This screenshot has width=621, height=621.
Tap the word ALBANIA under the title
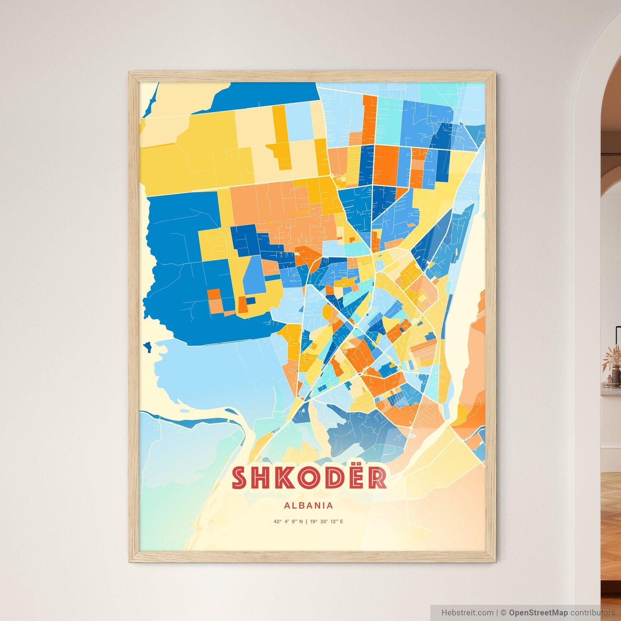click(x=309, y=506)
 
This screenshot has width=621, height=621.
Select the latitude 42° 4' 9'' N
click(x=288, y=522)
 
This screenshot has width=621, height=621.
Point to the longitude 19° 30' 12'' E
click(x=326, y=522)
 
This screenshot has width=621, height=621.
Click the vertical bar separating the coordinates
click(x=306, y=522)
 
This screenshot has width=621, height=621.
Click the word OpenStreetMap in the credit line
click(x=538, y=613)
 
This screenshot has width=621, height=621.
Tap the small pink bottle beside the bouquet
click(x=609, y=380)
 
